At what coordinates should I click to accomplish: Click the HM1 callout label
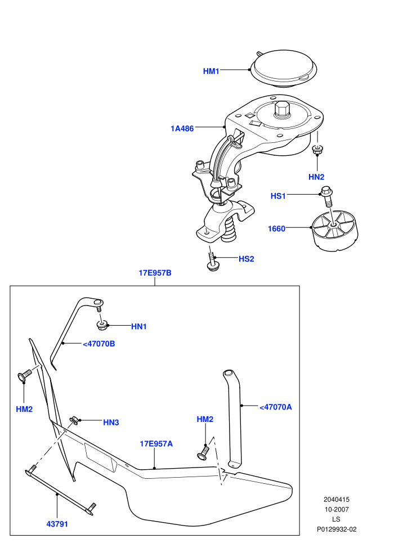pos(211,71)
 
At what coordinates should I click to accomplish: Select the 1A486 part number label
pos(182,128)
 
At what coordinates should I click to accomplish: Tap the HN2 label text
pos(316,177)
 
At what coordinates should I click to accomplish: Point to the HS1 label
pos(278,196)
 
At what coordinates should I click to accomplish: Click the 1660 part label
pos(276,228)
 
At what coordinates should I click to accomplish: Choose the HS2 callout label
pos(246,259)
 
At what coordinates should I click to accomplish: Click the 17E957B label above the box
pos(155,273)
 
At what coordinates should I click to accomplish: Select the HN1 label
pos(139,326)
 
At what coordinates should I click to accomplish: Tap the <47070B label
pos(98,344)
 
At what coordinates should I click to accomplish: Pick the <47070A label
pos(276,407)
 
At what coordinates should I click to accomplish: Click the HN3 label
pos(111,423)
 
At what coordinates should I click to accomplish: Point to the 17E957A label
pos(156,444)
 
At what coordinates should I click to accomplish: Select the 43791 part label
pos(57,524)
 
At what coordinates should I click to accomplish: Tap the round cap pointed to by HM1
pos(284,69)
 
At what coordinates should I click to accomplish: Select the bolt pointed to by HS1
pos(326,196)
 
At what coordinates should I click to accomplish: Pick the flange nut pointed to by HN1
pos(102,325)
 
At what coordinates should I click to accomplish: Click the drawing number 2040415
pos(336,500)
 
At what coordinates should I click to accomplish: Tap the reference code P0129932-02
pos(337,529)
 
